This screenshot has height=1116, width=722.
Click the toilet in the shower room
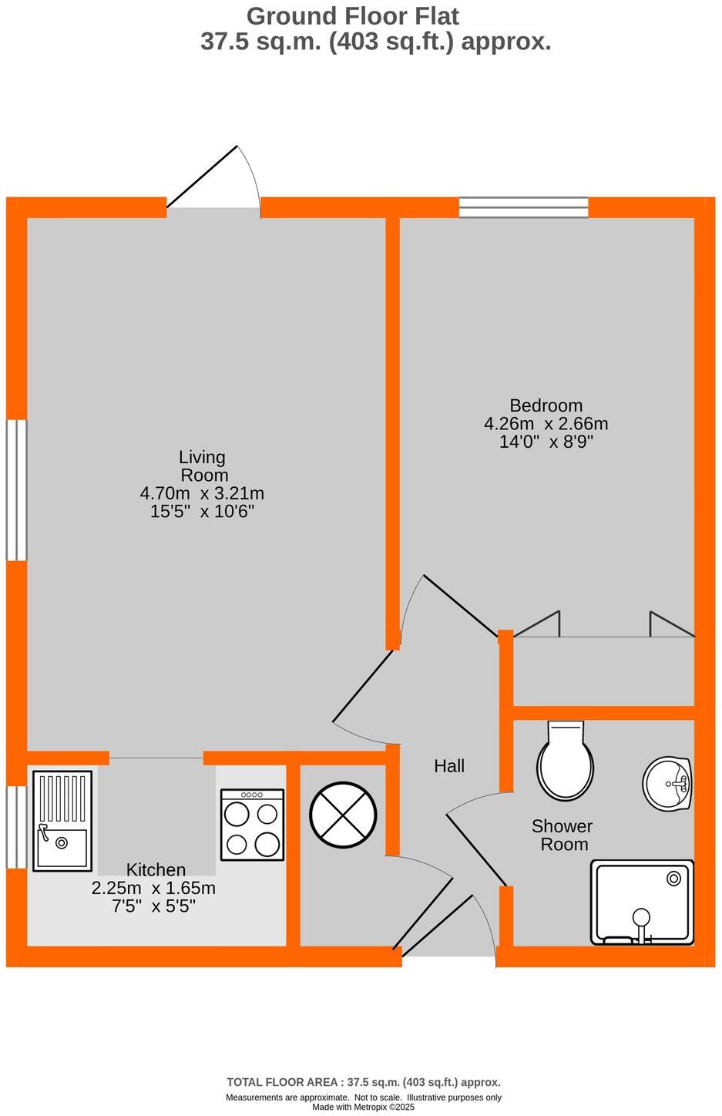coord(566,761)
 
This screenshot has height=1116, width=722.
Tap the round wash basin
coord(667,784)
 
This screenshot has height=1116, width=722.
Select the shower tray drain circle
coord(674,877)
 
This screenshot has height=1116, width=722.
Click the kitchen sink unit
coord(62,822)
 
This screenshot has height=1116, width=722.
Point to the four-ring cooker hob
coord(252,824)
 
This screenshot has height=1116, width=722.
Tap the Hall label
coord(449,766)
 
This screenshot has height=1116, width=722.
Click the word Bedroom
coord(546,405)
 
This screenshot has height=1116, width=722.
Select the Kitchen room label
coord(156,869)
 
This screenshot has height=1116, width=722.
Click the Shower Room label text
coord(563,835)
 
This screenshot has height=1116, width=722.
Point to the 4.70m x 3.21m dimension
coord(202,493)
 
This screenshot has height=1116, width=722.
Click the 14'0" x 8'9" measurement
coord(546,442)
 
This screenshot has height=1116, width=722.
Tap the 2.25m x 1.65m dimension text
coord(153,888)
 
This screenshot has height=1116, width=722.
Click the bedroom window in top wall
coord(523,207)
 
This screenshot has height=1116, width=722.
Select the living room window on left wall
coord(16,489)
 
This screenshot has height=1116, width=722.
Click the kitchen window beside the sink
coord(16,827)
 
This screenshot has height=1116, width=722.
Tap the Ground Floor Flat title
coord(353,16)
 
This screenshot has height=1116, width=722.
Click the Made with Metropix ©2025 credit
coord(363,1108)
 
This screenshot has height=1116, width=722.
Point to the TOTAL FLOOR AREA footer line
coord(363,1082)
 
